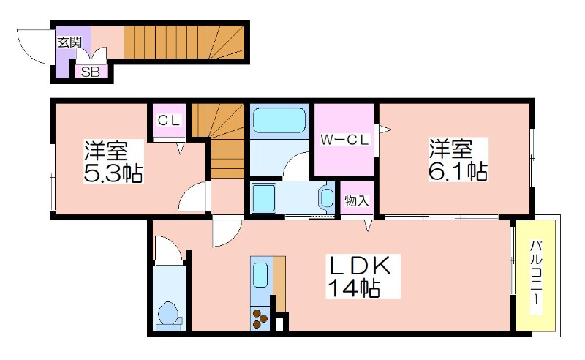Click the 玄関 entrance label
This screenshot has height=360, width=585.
coord(69,42)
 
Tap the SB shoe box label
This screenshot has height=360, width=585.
coord(91,72)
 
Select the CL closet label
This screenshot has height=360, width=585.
coord(169,120)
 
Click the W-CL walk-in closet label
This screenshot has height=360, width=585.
coord(344,140)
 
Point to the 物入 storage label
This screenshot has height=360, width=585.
coord(357,201)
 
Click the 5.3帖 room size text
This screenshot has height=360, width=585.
coord(113,173)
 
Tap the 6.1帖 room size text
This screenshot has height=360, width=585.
coord(458,171)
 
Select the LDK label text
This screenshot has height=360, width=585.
coord(359,266)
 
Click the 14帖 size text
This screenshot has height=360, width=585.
coord(354,288)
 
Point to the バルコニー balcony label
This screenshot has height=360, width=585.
coord(537,274)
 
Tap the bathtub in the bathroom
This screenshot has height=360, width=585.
coord(279,120)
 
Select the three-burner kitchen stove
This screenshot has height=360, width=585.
coord(260,318)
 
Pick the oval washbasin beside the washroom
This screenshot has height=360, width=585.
coord(327,198)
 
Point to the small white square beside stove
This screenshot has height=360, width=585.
coord(279,325)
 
